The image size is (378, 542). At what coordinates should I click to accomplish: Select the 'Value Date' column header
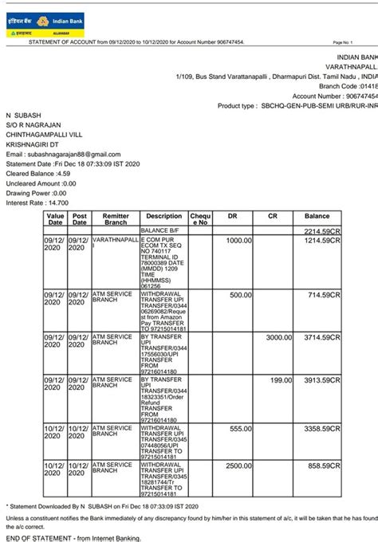pos(55,219)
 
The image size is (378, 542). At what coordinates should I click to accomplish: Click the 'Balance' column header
pos(317,216)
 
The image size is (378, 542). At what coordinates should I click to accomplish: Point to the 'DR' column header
pos(233,216)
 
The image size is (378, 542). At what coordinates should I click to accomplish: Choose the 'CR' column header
pos(273,216)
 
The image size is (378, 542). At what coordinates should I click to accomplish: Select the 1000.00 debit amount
pos(238,240)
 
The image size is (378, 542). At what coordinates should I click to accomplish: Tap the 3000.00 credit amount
pos(278,337)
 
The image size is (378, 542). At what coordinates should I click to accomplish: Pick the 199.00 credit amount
pos(282,380)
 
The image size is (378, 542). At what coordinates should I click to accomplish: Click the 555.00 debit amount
pos(240,428)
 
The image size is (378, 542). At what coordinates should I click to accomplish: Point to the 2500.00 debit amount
pos(238,465)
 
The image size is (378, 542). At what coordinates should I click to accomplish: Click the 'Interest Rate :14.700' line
pos(37,202)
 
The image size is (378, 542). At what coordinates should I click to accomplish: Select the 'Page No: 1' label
pos(341,41)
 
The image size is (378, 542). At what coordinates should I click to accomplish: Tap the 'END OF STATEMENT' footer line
pos(73,538)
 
